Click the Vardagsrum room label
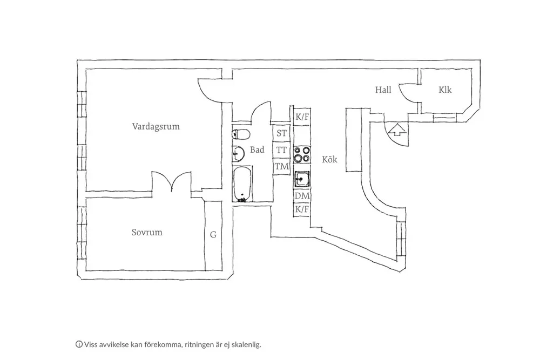[156, 127]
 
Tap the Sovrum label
[147, 233]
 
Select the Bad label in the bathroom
[257, 150]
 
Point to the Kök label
[329, 160]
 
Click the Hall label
[383, 90]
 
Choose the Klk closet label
[445, 90]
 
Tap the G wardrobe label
[213, 235]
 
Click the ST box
[281, 133]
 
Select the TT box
[281, 150]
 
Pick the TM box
[281, 166]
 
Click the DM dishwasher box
[301, 196]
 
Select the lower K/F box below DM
[301, 209]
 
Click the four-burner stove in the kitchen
[302, 155]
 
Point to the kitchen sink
[302, 178]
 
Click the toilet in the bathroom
[240, 134]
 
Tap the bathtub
[241, 185]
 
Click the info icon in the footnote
[79, 344]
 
